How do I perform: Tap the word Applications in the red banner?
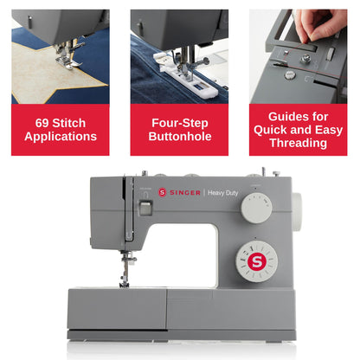(x=60, y=137)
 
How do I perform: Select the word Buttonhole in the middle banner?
(x=179, y=137)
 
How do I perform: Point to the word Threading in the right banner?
(x=298, y=144)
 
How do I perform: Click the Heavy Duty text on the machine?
(x=224, y=192)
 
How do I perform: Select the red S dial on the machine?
(x=255, y=260)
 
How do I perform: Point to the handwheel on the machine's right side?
(x=296, y=208)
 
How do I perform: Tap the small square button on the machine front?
(x=146, y=208)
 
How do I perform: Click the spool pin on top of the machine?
(x=262, y=172)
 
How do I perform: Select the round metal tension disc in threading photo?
(x=305, y=59)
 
